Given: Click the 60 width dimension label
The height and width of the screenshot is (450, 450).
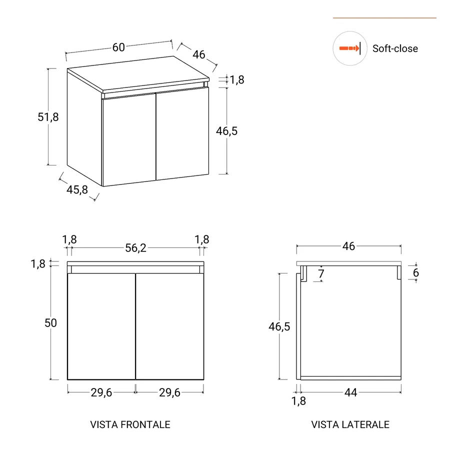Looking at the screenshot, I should (118, 47).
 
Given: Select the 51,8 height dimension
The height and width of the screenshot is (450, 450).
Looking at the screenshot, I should (48, 117).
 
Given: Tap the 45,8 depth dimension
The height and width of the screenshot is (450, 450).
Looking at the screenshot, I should (77, 190).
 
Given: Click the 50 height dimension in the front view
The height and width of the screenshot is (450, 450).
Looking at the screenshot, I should (51, 323).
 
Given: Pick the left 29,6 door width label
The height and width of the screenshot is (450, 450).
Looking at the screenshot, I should (101, 393).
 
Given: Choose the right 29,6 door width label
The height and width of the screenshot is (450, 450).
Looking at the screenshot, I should (169, 393).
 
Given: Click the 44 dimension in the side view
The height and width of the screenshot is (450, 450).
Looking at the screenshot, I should (351, 393).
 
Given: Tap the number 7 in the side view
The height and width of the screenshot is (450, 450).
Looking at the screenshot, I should (321, 274).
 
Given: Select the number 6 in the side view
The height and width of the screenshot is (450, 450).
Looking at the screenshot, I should (415, 273).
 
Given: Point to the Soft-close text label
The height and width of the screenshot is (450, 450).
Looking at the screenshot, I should (395, 48).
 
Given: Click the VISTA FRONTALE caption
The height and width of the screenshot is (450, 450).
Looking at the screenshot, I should (130, 424).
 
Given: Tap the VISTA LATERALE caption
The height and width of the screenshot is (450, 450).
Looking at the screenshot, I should (350, 424).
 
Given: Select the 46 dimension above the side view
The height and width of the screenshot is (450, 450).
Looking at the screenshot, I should (348, 246).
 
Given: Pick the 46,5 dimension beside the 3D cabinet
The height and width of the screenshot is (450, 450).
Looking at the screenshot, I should (226, 131).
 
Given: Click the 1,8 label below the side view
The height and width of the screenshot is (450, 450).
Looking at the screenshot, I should (298, 400).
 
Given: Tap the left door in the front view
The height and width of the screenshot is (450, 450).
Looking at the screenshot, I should (101, 326).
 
